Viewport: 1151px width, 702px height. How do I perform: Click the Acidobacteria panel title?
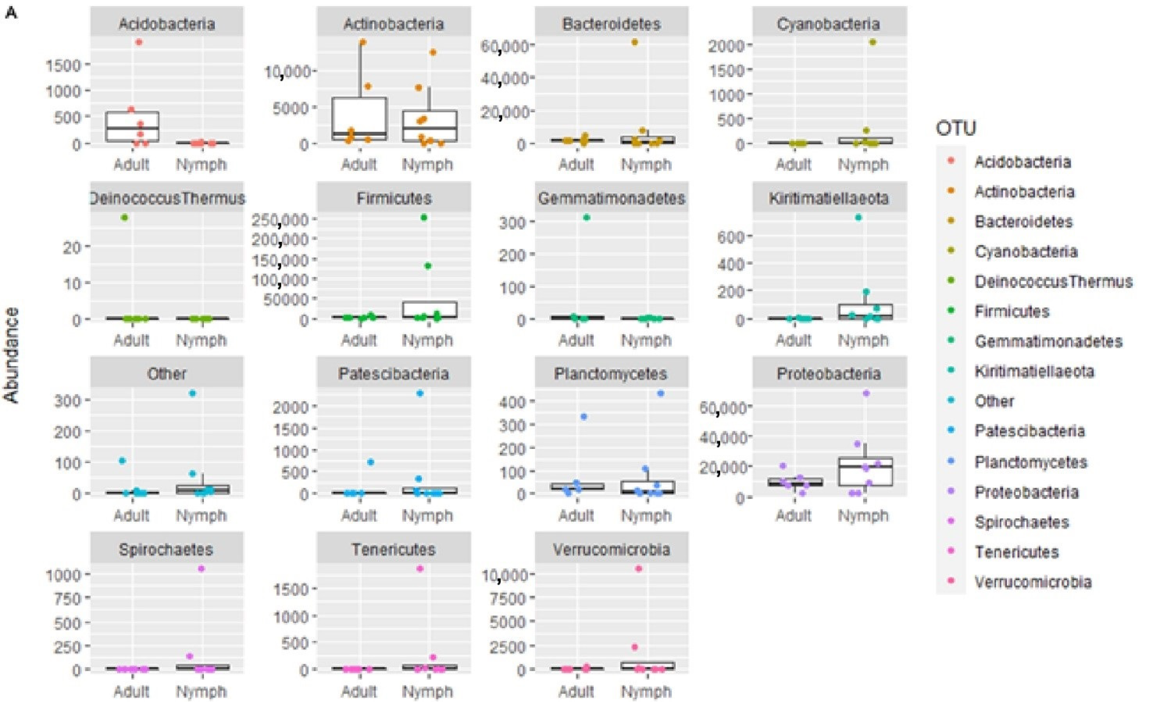tap(167, 23)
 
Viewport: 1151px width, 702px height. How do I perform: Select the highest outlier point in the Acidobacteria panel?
tap(139, 42)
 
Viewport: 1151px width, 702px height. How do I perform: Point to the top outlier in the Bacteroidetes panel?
tap(634, 42)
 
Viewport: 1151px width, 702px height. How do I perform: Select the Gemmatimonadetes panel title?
tap(611, 198)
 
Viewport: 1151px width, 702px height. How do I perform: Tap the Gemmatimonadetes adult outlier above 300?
tap(587, 218)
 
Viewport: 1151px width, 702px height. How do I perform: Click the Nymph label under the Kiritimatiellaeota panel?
tap(863, 340)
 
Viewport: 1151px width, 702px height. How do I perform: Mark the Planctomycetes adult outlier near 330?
tap(583, 417)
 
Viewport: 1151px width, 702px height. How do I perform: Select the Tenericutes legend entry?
tap(1016, 552)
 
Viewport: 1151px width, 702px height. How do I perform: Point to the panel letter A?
tap(11, 13)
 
